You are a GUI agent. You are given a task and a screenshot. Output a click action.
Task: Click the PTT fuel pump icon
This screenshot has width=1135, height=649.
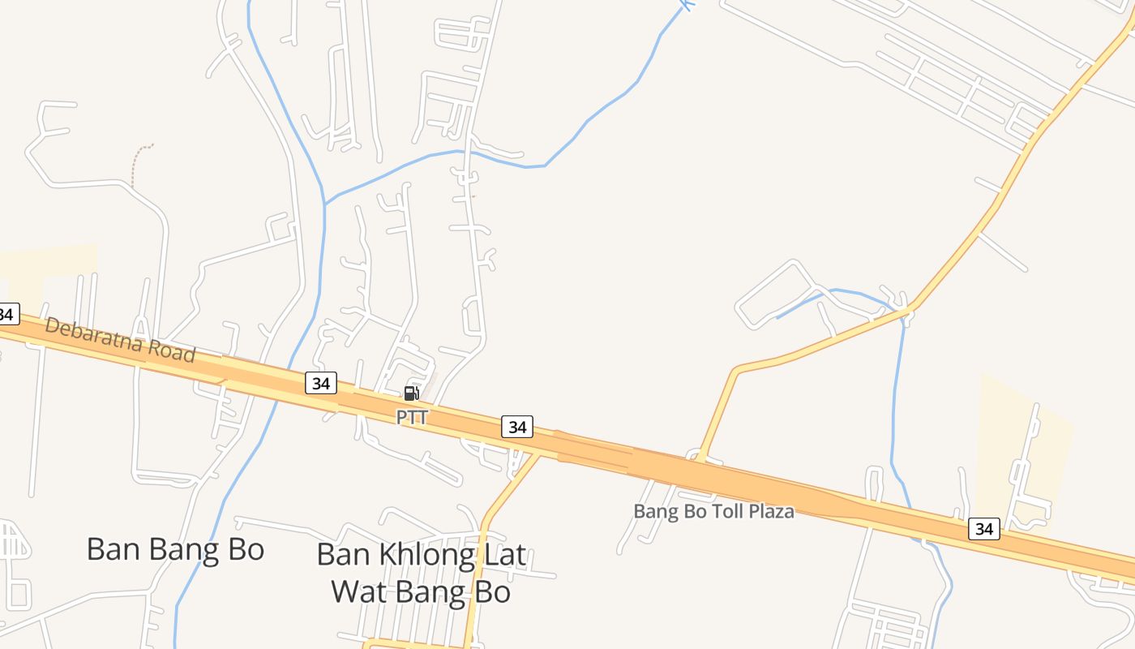411,393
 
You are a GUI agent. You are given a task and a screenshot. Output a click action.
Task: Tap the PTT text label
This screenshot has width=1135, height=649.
411,417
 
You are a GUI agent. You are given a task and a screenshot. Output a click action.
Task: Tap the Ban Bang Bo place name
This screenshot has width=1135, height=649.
175,549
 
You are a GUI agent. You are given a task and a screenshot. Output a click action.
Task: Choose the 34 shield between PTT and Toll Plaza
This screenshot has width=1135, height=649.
516,426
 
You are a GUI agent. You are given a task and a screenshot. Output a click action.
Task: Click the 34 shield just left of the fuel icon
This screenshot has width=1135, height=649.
321,383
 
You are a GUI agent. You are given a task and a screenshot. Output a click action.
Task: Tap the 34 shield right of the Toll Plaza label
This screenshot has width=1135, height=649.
983,529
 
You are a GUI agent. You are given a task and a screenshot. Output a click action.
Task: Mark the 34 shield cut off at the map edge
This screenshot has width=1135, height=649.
7,314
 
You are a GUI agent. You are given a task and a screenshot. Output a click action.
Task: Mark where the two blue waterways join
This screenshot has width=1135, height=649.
325,203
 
